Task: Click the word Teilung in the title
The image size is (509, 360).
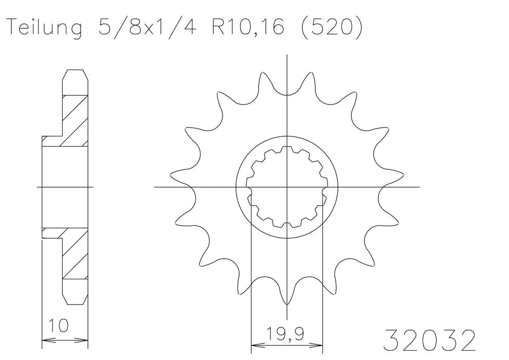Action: coord(44,29)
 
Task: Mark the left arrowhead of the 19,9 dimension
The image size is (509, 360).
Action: coord(253,344)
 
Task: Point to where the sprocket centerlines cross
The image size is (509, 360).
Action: coord(287,187)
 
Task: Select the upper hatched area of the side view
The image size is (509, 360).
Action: coord(72,118)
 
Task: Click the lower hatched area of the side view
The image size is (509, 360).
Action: coord(72,255)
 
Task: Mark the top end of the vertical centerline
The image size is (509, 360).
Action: coord(287,53)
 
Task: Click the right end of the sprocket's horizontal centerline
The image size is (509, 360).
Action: coord(419,187)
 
